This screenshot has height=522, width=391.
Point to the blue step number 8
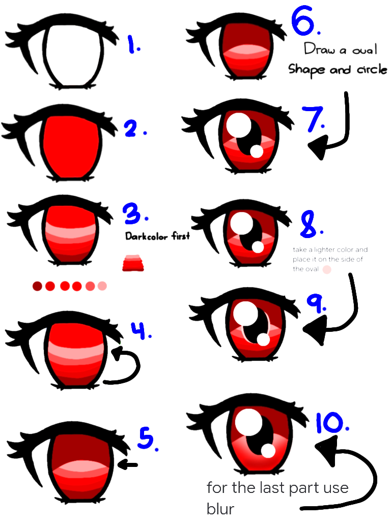tap(310, 225)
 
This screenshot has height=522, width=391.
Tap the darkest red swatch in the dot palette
tap(37, 286)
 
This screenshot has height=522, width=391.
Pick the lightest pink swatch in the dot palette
tap(102, 286)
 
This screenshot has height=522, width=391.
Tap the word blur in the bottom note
tap(220, 509)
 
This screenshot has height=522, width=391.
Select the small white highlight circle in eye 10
tap(268, 451)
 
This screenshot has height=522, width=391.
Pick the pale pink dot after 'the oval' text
tap(327, 269)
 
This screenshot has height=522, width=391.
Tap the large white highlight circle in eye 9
tap(245, 312)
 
